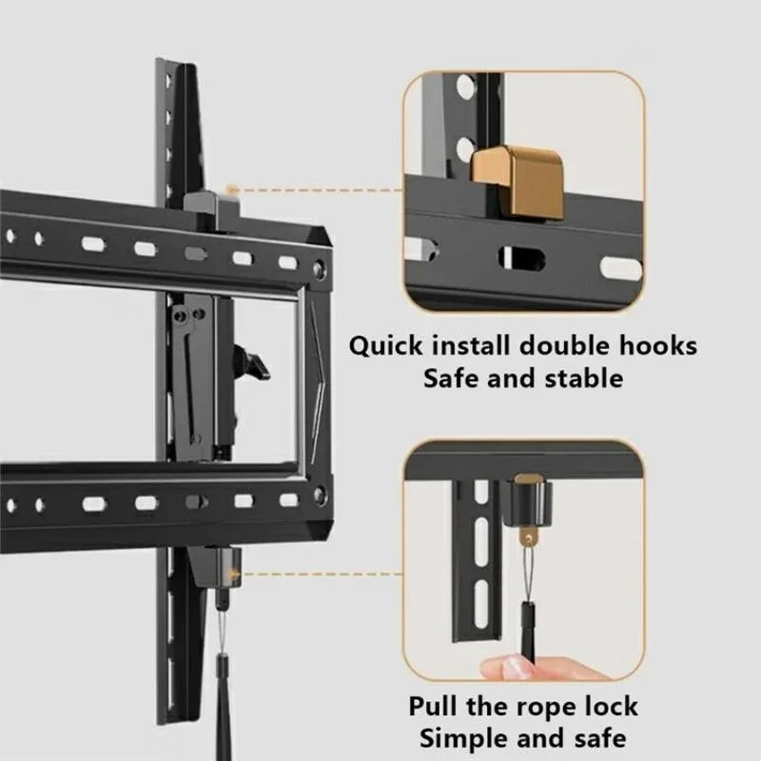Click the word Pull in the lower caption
point(437,707)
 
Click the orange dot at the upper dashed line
point(229,189)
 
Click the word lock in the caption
point(610,707)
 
